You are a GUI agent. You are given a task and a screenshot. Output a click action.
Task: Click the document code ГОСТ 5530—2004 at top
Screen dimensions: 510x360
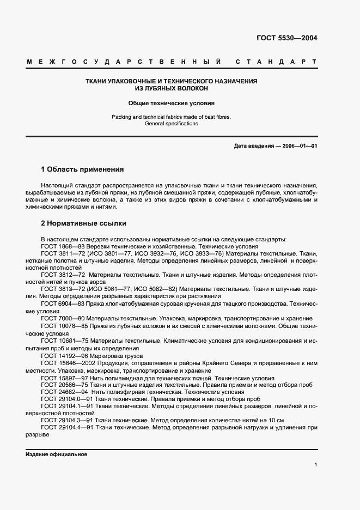[286, 38]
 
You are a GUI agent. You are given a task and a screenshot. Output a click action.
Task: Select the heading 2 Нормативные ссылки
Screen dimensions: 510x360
[83, 223]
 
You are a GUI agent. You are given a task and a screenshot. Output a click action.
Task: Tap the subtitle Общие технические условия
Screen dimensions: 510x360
[172, 102]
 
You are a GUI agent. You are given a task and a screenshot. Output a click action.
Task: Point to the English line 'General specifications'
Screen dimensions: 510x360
[172, 124]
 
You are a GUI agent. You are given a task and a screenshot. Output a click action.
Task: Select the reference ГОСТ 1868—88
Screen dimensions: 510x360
[63, 246]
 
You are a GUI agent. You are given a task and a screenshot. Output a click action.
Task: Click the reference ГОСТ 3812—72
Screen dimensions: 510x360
[63, 275]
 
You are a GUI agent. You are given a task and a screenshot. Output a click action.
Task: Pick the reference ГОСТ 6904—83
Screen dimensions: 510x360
[63, 303]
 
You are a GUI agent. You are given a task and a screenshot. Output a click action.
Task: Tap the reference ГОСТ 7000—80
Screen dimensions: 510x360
[63, 318]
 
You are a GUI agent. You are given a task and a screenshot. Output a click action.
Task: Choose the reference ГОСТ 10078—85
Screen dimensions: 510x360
[64, 325]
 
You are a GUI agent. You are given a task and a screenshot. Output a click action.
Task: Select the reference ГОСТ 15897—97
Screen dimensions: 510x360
[64, 378]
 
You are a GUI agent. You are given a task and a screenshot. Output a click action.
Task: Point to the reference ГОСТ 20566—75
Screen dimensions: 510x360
[64, 385]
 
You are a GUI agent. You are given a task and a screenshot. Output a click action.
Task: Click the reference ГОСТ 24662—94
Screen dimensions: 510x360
[64, 392]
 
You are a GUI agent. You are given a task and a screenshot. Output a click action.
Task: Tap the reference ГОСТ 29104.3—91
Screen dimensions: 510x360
[68, 420]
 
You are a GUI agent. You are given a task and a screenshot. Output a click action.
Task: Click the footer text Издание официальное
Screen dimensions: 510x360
[56, 454]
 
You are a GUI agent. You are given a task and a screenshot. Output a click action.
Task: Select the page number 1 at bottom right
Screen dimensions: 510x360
[315, 465]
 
